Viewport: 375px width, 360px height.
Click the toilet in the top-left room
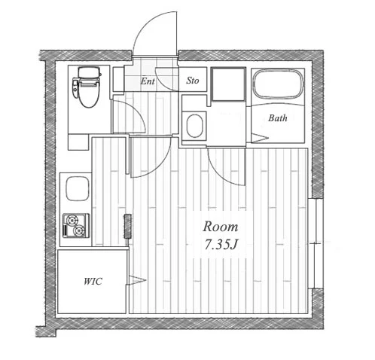point(87,87)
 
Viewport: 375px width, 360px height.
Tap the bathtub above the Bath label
point(278,84)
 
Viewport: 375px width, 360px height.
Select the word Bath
point(278,118)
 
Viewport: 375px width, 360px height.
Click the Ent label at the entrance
point(148,81)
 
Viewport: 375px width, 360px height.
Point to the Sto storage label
point(193,81)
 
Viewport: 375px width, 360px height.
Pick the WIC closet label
point(93,282)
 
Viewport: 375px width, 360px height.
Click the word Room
point(221,227)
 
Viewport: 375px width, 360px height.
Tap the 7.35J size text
point(221,245)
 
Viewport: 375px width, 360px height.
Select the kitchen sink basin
point(78,188)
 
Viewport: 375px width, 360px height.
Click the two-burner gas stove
point(76,225)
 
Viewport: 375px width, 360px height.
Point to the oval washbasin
point(194,126)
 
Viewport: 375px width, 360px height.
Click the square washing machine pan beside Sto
point(228,84)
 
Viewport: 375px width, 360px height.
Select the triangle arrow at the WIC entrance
point(136,279)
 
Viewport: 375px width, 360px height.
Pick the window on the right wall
point(316,243)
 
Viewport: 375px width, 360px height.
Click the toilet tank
point(88,72)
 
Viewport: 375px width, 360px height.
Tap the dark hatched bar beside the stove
point(127,227)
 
